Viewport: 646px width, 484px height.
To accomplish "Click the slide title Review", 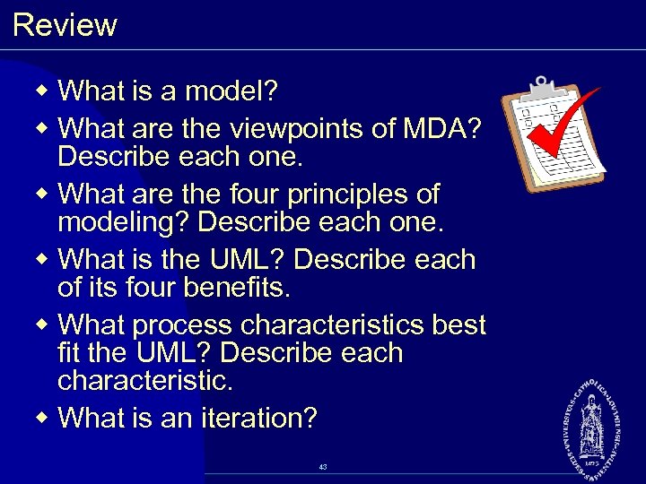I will tap(65, 25).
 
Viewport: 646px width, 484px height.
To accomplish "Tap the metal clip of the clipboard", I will tap(541, 87).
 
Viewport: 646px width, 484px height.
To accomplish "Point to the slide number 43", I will tap(323, 467).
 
